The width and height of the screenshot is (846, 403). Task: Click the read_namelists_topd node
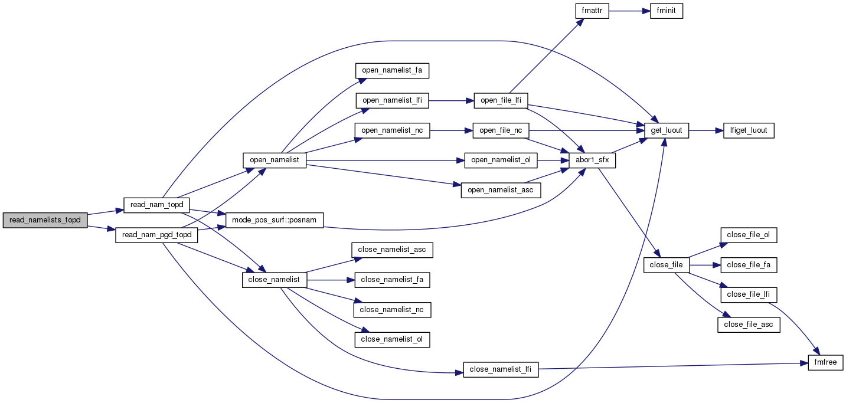45,219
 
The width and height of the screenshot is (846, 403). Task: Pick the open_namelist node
275,160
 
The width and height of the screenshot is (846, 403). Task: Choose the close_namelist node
275,280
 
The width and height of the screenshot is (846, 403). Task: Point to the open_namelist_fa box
392,70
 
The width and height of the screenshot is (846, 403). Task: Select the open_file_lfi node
501,100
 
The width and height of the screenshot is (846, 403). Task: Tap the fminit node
667,11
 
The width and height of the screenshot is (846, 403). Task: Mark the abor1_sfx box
592,160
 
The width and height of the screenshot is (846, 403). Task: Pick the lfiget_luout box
749,130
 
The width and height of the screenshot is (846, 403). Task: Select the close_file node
666,265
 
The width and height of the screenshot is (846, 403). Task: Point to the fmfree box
825,362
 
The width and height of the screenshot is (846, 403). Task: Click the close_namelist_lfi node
501,370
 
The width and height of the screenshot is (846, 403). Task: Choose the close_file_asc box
749,325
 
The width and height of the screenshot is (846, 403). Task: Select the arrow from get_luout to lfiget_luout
706,130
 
